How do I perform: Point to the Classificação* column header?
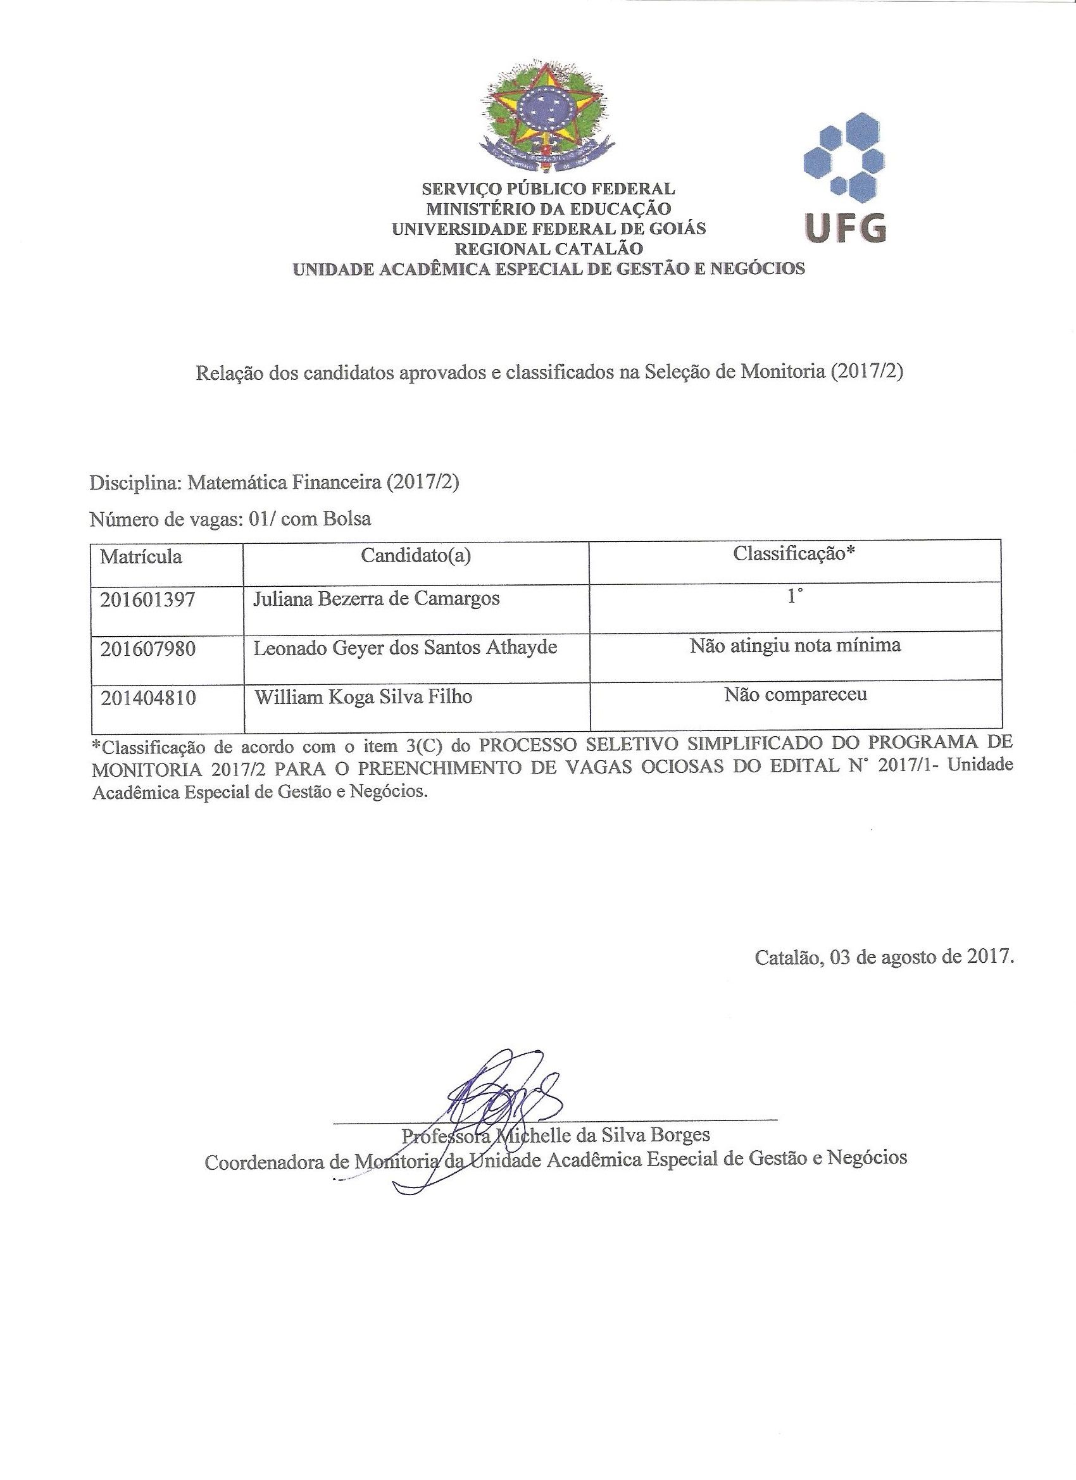pos(794,553)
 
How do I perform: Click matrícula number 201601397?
pos(147,599)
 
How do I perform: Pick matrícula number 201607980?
pos(147,649)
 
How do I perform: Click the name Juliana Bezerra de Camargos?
pos(377,598)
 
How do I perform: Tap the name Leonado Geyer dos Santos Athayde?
pos(404,648)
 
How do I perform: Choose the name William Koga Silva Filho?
pos(363,697)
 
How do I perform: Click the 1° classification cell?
pos(794,597)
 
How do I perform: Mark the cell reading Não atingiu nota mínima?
pos(795,646)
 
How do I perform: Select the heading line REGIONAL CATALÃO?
pos(549,249)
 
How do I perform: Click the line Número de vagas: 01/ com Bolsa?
pos(231,519)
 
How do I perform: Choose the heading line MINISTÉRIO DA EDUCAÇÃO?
pos(549,209)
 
